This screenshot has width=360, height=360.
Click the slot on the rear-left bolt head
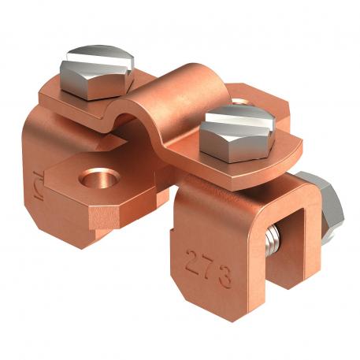tap(92, 59)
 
